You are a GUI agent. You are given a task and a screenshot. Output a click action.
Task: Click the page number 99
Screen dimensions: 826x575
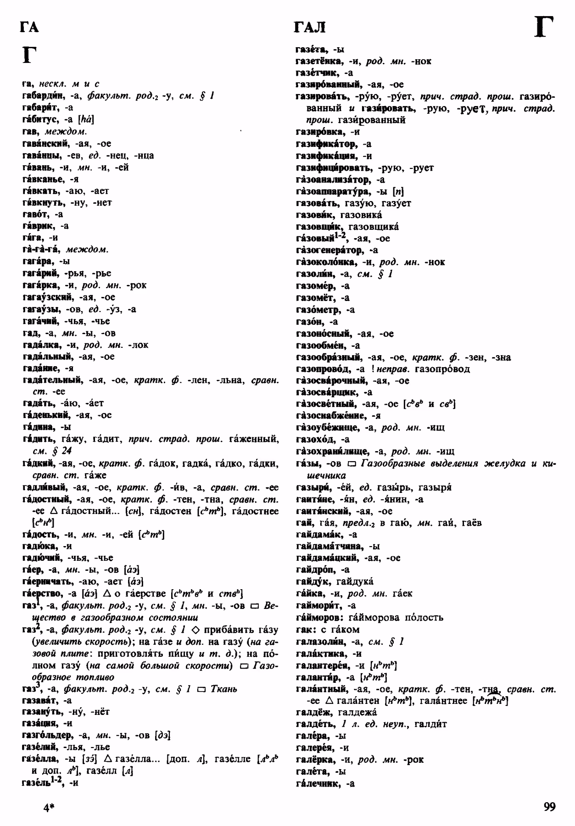[549, 806]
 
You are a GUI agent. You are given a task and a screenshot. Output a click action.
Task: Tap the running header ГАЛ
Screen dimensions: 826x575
[309, 28]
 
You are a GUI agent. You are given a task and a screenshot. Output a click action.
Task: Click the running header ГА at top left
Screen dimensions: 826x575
[29, 28]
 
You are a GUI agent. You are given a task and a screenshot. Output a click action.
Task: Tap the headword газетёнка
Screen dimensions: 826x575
[318, 61]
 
